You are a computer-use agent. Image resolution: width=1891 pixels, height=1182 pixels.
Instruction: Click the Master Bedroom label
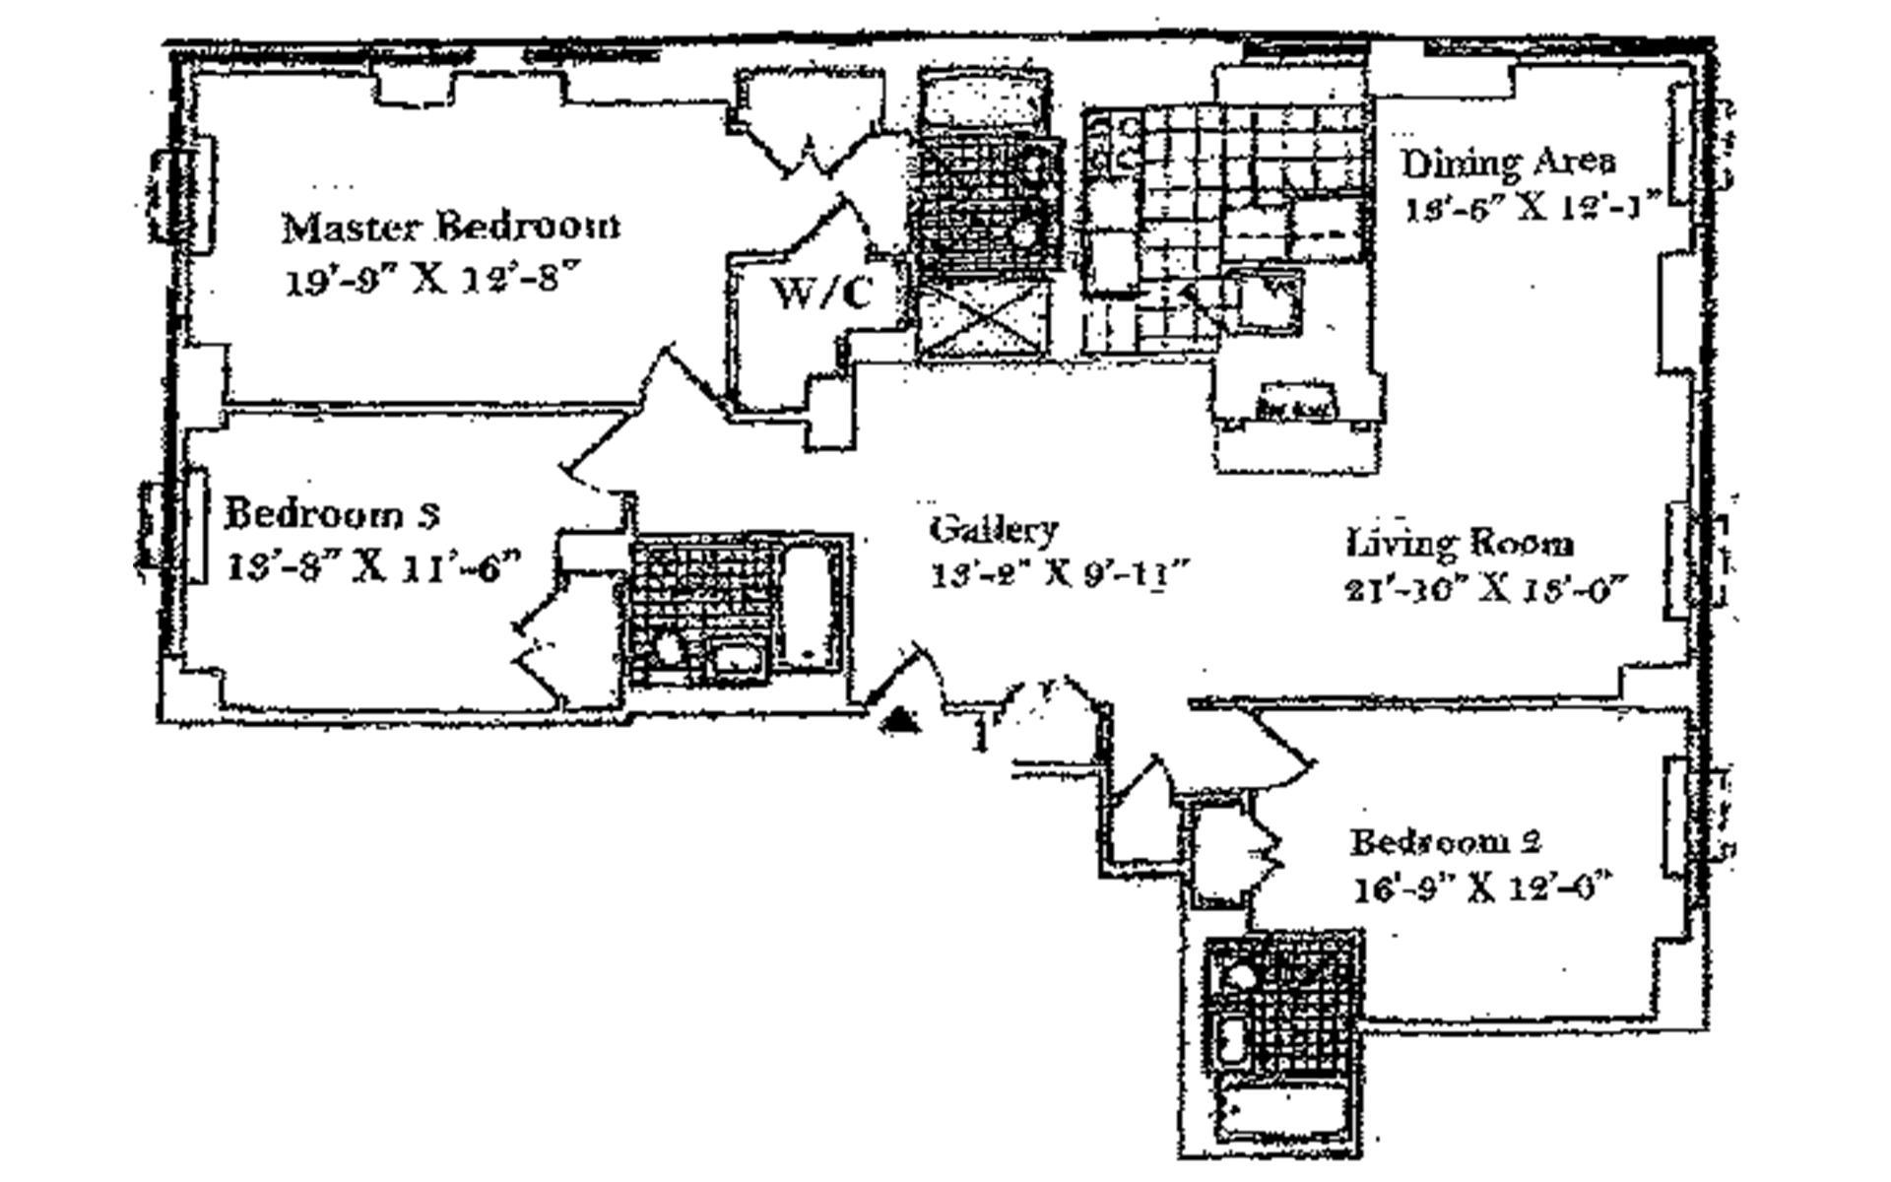(x=451, y=228)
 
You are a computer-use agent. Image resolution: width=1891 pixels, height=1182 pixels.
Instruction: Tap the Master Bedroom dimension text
(x=428, y=281)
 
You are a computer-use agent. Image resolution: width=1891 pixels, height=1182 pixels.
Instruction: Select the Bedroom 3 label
(x=332, y=514)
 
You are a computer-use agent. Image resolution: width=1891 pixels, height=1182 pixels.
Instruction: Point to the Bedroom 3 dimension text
(x=372, y=568)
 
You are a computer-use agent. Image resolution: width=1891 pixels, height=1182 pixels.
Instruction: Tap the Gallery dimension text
(x=1062, y=574)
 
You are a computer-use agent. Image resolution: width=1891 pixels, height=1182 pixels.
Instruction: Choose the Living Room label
(x=1460, y=543)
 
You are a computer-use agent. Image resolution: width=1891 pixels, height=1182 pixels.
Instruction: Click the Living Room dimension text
(x=1481, y=589)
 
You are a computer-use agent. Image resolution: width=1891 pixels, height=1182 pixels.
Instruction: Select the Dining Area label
(x=1508, y=163)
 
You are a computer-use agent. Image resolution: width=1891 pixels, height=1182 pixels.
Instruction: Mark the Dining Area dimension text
(x=1532, y=209)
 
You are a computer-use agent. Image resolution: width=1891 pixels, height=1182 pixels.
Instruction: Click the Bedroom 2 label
(x=1445, y=842)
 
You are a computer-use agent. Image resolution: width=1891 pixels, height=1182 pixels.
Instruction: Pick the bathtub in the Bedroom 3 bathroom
(x=811, y=604)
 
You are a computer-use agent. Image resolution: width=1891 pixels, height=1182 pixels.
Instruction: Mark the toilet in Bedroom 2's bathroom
(x=1236, y=977)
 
